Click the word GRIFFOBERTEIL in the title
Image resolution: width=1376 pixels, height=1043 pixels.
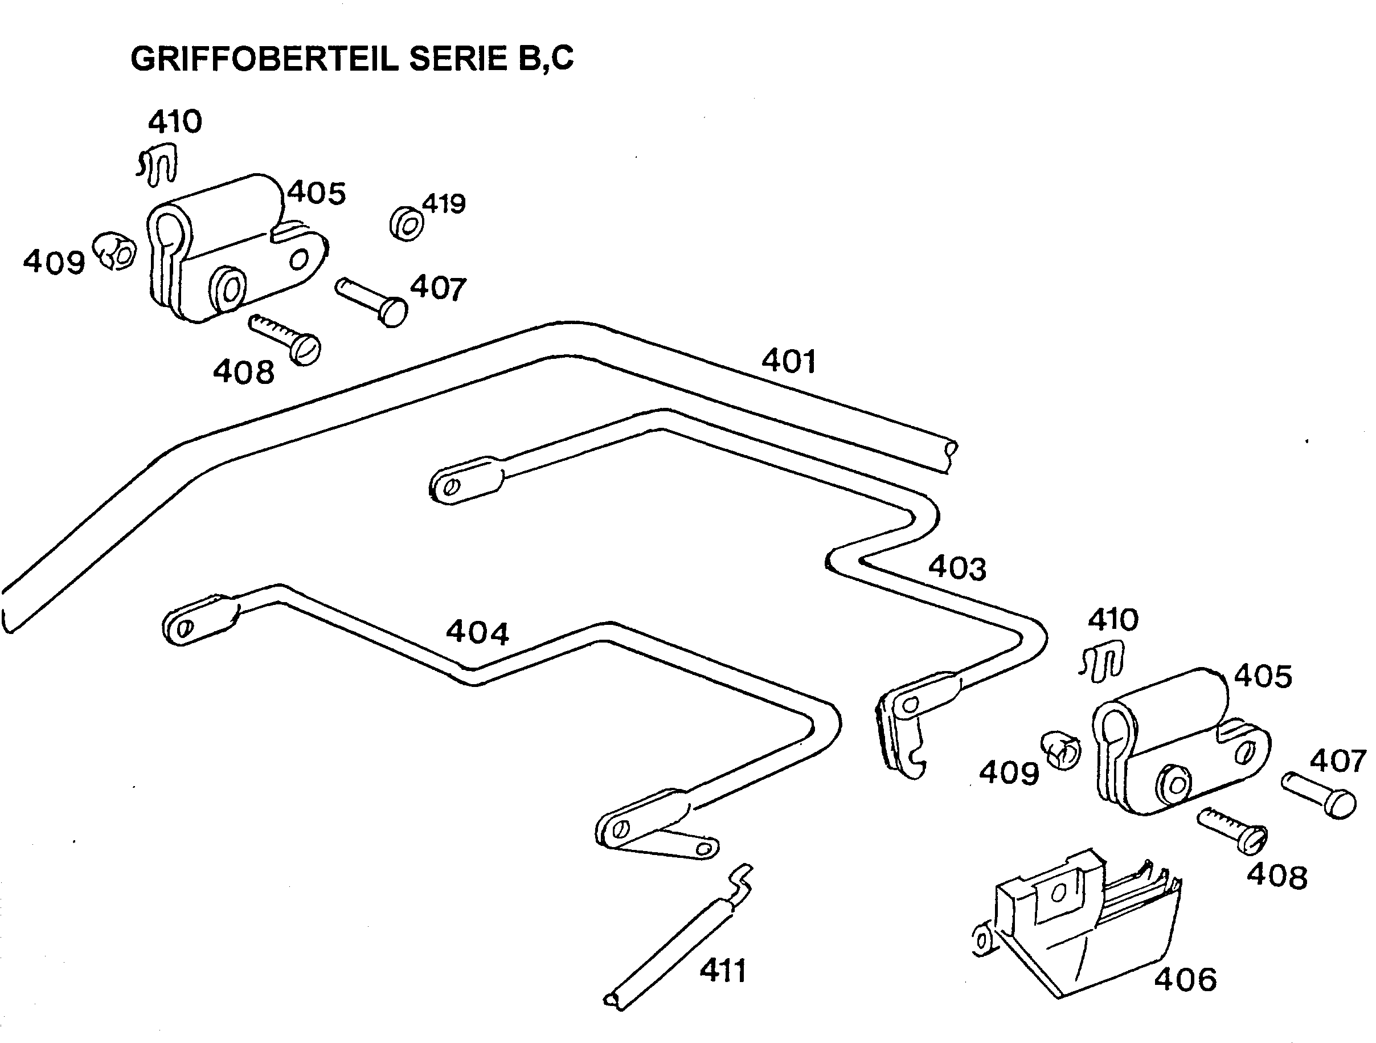coord(264,60)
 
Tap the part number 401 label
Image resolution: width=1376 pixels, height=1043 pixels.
coord(788,361)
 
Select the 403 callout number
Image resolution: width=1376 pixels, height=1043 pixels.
coord(957,568)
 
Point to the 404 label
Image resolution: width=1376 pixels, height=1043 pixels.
coord(477,633)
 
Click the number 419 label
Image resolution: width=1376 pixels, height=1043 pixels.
coord(444,203)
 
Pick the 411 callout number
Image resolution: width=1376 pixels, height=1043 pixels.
coord(722,970)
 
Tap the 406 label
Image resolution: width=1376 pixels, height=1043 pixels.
coord(1185,980)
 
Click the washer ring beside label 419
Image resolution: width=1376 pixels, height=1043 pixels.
coord(406,224)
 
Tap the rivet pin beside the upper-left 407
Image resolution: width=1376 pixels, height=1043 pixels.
coord(372,301)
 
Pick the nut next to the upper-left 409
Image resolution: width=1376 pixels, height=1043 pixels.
coord(115,251)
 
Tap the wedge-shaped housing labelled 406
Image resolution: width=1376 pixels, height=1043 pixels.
coord(1082,927)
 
